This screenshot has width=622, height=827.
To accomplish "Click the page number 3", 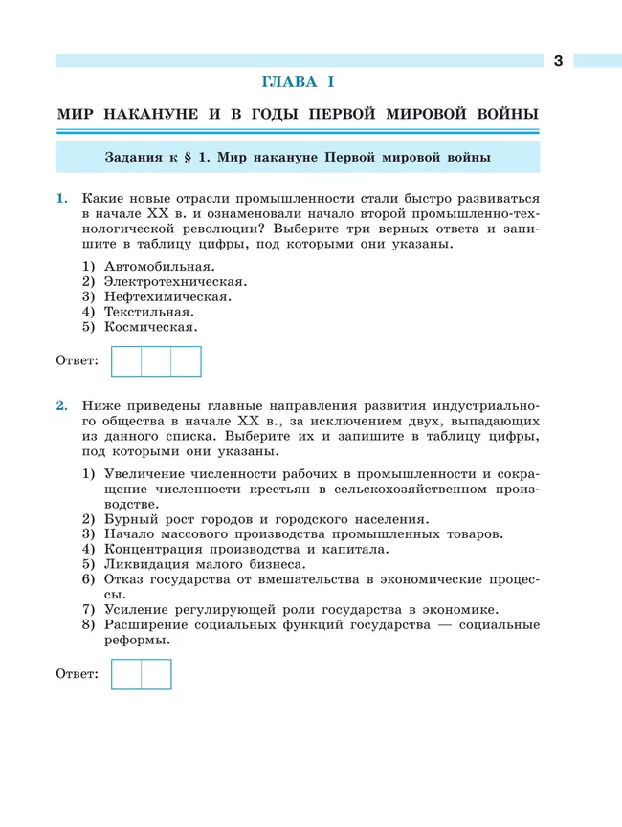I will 558,61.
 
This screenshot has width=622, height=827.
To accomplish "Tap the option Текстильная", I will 149,312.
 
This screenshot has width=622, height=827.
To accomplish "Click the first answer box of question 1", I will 126,361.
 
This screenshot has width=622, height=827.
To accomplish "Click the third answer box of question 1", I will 186,361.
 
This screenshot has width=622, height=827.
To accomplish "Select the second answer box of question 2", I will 156,674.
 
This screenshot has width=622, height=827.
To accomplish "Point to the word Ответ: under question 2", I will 78,674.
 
